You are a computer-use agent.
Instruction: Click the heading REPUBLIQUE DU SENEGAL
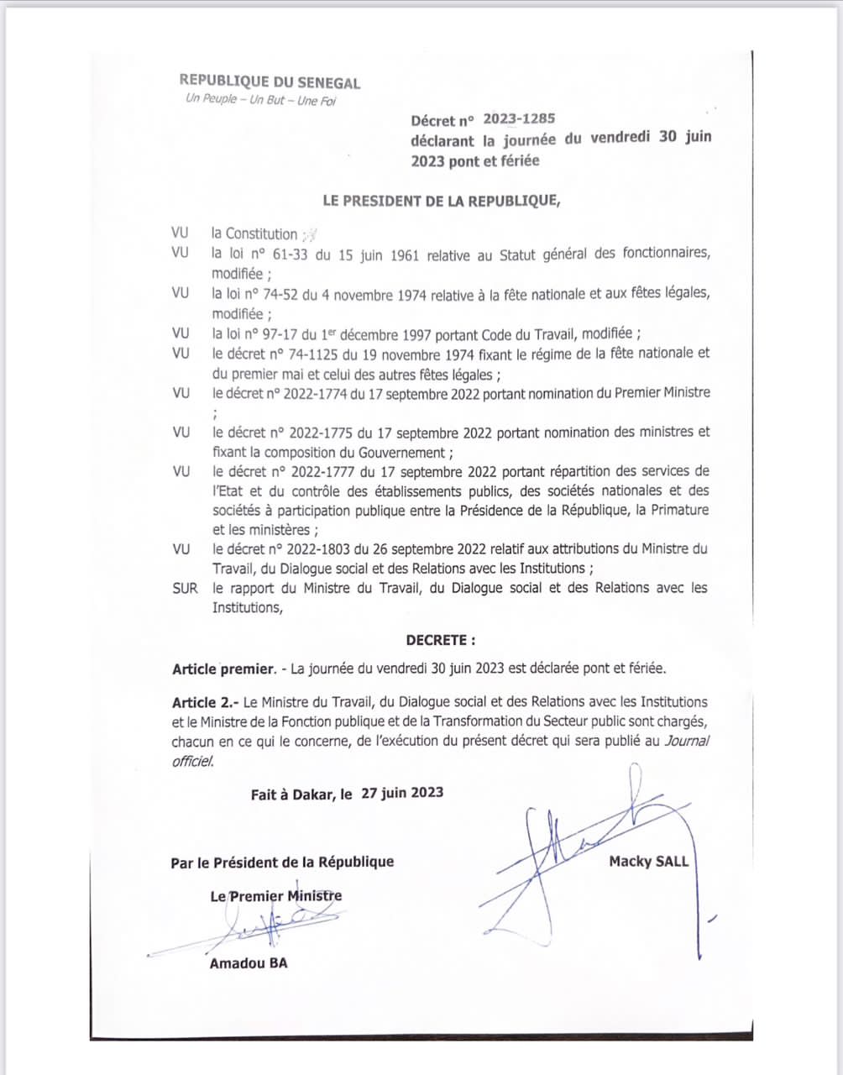(270, 81)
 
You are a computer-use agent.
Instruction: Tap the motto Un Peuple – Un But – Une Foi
(260, 101)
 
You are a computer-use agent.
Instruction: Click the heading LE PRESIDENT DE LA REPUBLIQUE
(441, 200)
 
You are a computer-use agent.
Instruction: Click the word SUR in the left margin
(185, 588)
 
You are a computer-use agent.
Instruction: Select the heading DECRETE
(440, 640)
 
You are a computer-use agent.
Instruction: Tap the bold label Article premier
(223, 669)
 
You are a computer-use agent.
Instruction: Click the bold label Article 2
(206, 702)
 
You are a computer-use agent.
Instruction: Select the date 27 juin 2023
(402, 793)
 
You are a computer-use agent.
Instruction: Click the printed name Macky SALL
(648, 861)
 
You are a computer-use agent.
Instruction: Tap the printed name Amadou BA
(248, 963)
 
